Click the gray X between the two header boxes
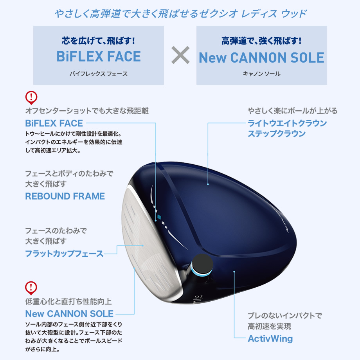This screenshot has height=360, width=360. pyautogui.click(x=180, y=55)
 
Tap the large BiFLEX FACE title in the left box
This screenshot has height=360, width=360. pyautogui.click(x=99, y=56)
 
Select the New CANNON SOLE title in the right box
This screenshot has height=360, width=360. pyautogui.click(x=261, y=58)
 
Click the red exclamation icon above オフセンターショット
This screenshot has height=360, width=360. pyautogui.click(x=31, y=97)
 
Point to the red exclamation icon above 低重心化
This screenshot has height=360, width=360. pyautogui.click(x=31, y=288)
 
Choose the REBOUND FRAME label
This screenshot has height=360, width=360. pyautogui.click(x=65, y=196)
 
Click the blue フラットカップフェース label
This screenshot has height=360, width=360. pyautogui.click(x=64, y=254)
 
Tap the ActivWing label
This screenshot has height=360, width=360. pyautogui.click(x=270, y=338)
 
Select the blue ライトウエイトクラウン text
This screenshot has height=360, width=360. pyautogui.click(x=287, y=123)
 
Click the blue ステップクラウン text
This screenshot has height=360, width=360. pyautogui.click(x=277, y=133)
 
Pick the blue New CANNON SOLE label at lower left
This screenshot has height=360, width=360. pyautogui.click(x=69, y=313)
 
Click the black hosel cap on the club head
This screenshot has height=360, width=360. pyautogui.click(x=202, y=264)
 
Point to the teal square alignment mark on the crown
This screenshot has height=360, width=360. pyautogui.click(x=159, y=217)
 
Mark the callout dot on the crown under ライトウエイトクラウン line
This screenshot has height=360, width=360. pyautogui.click(x=208, y=184)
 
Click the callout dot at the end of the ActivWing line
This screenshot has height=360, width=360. pyautogui.click(x=234, y=272)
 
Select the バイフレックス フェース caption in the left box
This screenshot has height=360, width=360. pyautogui.click(x=99, y=74)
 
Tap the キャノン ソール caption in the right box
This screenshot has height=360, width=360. pyautogui.click(x=261, y=74)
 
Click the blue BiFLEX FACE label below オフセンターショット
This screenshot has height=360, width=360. pyautogui.click(x=54, y=123)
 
